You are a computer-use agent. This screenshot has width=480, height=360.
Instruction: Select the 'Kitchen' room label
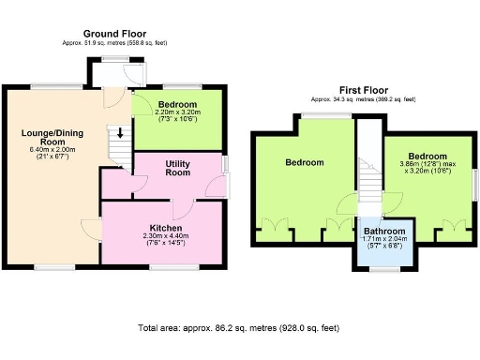(x=165, y=226)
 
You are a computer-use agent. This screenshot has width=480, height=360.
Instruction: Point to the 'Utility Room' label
(x=177, y=169)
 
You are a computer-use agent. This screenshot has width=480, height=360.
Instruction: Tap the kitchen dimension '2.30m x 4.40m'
(x=165, y=235)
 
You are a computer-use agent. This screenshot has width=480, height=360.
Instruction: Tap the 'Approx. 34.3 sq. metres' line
(x=362, y=98)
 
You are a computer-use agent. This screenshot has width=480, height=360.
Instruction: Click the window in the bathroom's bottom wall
(x=383, y=269)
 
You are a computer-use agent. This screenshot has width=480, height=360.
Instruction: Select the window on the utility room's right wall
(x=224, y=164)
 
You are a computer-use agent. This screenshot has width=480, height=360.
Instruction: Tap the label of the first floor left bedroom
(x=305, y=162)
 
